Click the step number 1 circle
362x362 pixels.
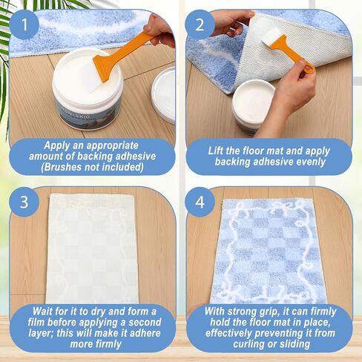(24, 25)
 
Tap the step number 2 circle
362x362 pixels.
(200, 25)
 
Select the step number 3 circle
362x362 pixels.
(24, 202)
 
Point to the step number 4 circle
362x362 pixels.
(200, 202)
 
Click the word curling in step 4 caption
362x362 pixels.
(249, 344)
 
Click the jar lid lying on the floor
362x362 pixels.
(163, 95)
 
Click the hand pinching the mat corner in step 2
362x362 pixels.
(231, 23)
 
